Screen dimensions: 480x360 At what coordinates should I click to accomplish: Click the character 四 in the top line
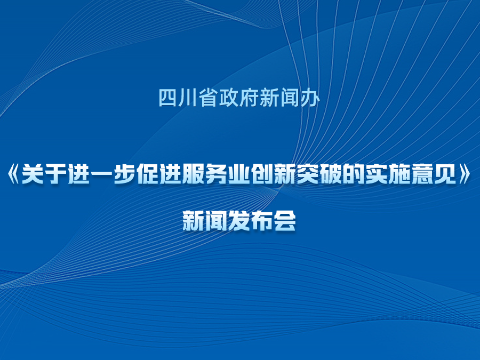tap(168, 98)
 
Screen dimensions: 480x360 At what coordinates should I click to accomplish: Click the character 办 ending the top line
tap(310, 98)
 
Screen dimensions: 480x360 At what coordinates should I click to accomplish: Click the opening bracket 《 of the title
tap(14, 173)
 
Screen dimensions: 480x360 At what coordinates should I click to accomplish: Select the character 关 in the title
tap(34, 173)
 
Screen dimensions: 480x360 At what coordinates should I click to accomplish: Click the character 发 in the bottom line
tap(239, 220)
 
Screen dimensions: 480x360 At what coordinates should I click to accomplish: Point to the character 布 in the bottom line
tap(262, 220)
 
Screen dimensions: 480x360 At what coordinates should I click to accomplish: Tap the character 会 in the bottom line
tap(285, 220)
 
